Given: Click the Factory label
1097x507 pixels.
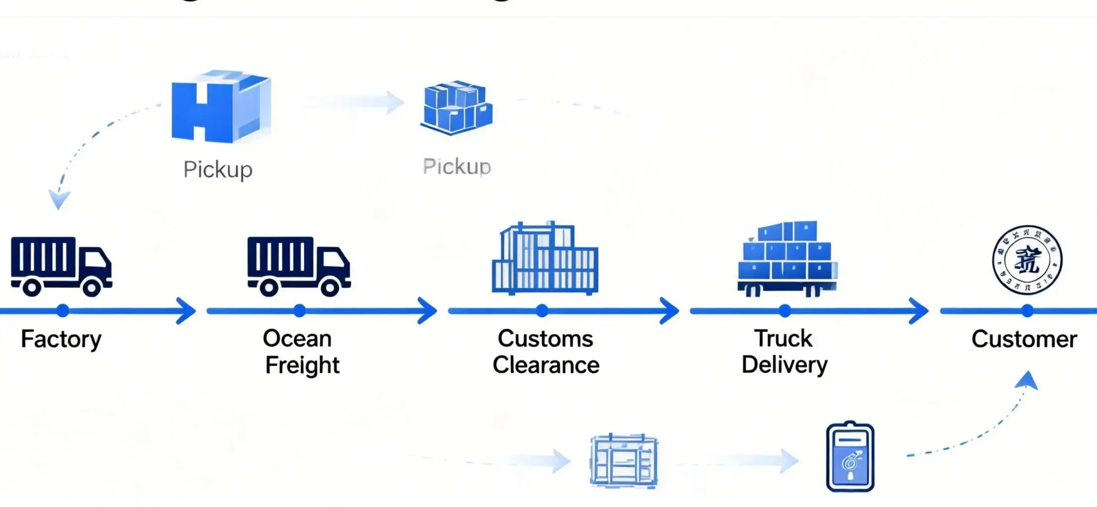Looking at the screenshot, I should pyautogui.click(x=61, y=340).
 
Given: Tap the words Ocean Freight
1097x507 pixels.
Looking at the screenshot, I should pyautogui.click(x=301, y=352).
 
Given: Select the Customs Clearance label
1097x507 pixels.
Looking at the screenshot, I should pyautogui.click(x=546, y=352).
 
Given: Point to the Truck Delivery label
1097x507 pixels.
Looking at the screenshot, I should pyautogui.click(x=784, y=352).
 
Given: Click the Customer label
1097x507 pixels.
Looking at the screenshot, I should pyautogui.click(x=1024, y=340).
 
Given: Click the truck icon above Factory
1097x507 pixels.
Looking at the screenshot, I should pyautogui.click(x=61, y=266).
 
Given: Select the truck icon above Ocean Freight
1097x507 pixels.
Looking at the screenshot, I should pyautogui.click(x=299, y=266).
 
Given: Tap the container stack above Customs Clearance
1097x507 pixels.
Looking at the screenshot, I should pyautogui.click(x=545, y=259).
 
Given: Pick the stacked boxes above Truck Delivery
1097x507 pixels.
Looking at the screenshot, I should pyautogui.click(x=787, y=259).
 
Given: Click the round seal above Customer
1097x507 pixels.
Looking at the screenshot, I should pyautogui.click(x=1027, y=260).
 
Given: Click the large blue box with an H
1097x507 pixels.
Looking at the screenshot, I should pyautogui.click(x=220, y=107).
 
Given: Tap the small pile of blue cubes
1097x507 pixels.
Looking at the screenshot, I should pyautogui.click(x=456, y=108).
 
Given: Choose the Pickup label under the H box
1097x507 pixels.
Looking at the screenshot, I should pyautogui.click(x=218, y=170).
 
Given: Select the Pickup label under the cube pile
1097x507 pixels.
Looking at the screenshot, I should pyautogui.click(x=457, y=167).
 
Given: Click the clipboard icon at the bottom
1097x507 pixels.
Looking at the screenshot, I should pyautogui.click(x=850, y=457).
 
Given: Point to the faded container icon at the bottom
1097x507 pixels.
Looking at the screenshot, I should pyautogui.click(x=624, y=461).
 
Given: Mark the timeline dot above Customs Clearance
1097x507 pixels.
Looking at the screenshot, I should pyautogui.click(x=542, y=311).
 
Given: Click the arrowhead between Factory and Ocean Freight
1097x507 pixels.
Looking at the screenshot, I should pyautogui.click(x=187, y=311).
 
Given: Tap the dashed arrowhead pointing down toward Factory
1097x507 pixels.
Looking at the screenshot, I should pyautogui.click(x=59, y=200).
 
